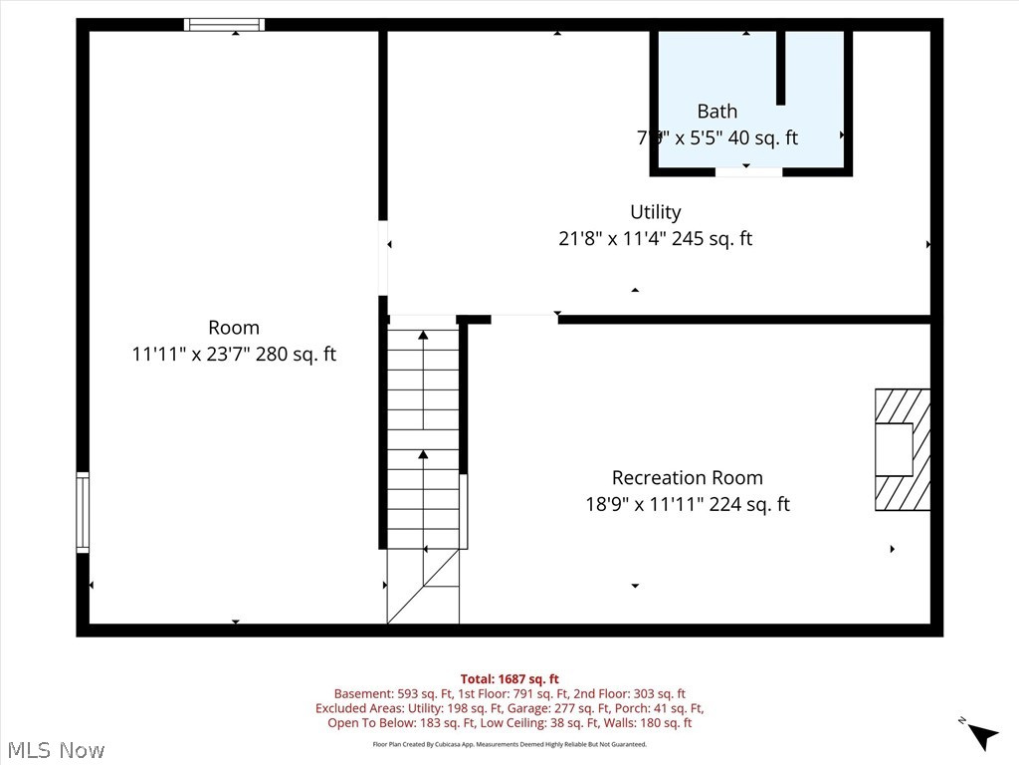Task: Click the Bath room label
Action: pyautogui.click(x=716, y=112)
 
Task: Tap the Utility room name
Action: pyautogui.click(x=655, y=212)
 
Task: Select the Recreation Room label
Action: pyautogui.click(x=687, y=478)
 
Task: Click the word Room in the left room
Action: pyautogui.click(x=234, y=328)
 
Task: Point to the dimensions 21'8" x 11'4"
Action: pyautogui.click(x=611, y=239)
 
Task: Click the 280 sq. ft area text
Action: pyautogui.click(x=297, y=354)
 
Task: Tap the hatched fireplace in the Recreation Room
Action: pyautogui.click(x=903, y=449)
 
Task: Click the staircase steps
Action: pyautogui.click(x=423, y=438)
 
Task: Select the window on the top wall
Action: pyautogui.click(x=224, y=25)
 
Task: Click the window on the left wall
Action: pyautogui.click(x=83, y=512)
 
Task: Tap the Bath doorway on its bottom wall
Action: pyautogui.click(x=748, y=172)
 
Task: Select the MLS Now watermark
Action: pyautogui.click(x=55, y=749)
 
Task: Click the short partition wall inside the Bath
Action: pyautogui.click(x=781, y=68)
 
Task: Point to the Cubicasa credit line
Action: pyautogui.click(x=509, y=744)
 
